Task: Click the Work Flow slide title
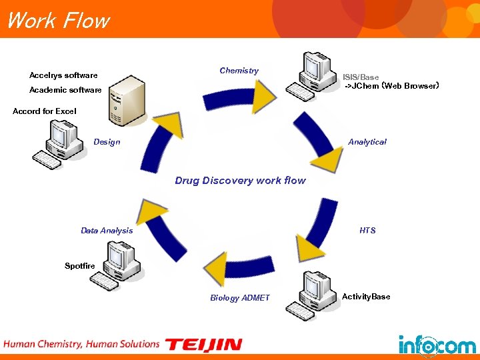click(57, 21)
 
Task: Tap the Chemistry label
click(239, 71)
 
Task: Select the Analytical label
click(367, 142)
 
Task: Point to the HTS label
click(367, 231)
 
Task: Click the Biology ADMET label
click(240, 298)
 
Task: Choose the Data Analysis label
click(107, 231)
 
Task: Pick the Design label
click(107, 142)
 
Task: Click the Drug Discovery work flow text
click(240, 181)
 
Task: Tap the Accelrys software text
click(63, 75)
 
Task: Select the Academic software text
click(65, 90)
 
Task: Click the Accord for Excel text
click(45, 111)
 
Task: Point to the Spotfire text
click(80, 266)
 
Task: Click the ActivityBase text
click(366, 297)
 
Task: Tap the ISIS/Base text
click(361, 77)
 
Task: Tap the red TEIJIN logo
click(203, 345)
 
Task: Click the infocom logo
click(437, 343)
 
